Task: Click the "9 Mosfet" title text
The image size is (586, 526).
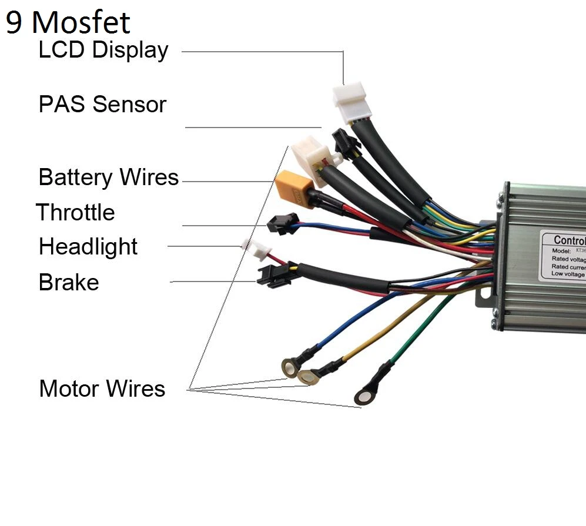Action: (x=68, y=22)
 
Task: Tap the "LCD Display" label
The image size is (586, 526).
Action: (x=103, y=50)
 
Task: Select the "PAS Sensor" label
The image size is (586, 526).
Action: (x=102, y=105)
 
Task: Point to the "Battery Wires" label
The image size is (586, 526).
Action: (x=108, y=177)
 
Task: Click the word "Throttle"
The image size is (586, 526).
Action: (x=75, y=212)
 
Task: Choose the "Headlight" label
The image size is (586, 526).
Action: (x=88, y=247)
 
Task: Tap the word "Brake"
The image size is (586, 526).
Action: (x=69, y=283)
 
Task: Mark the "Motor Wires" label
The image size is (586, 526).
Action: (x=102, y=388)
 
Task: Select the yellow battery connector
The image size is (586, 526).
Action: (x=291, y=186)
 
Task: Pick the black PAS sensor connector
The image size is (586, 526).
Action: (x=344, y=143)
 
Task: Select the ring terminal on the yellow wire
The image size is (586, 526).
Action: (x=307, y=377)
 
